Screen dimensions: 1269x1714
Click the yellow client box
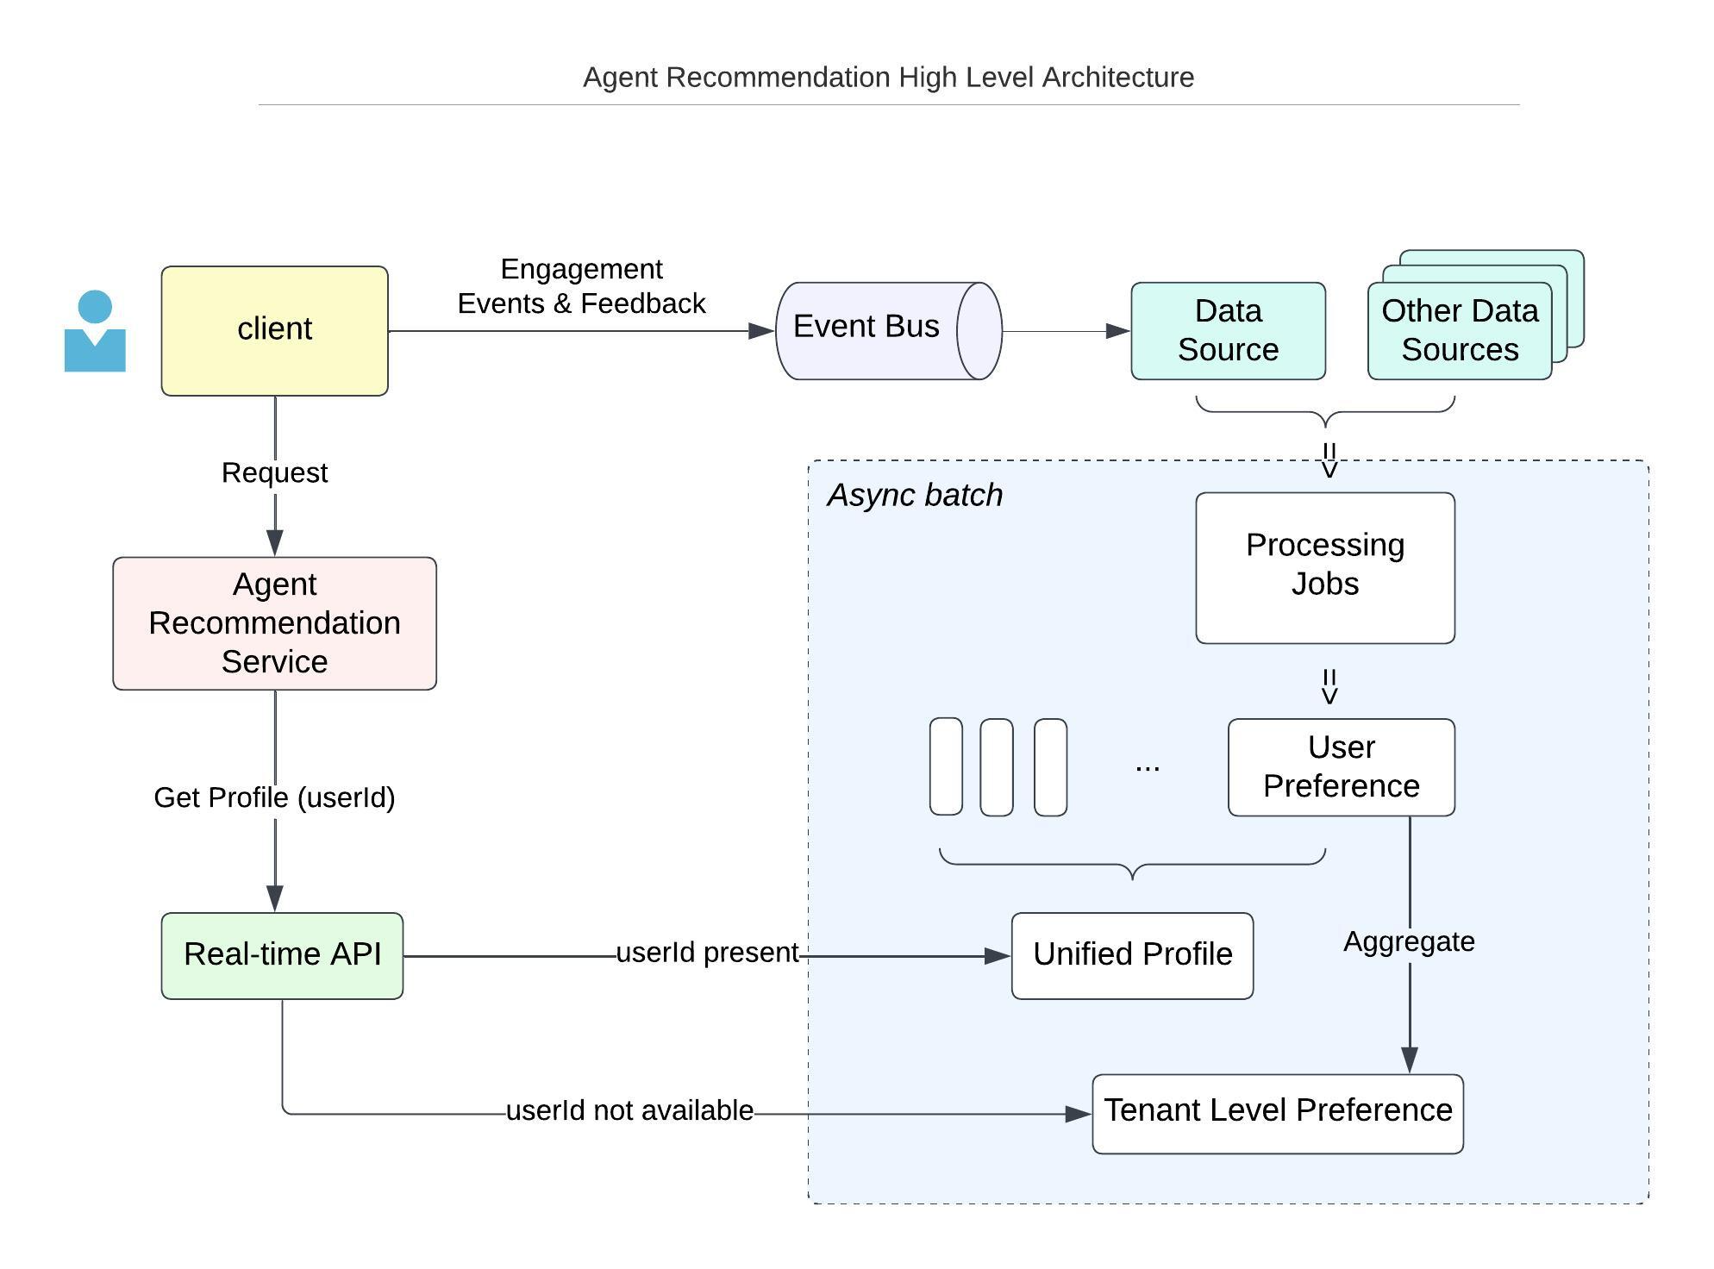point(274,330)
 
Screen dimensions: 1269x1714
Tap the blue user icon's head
point(95,307)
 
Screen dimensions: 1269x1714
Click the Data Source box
point(1228,330)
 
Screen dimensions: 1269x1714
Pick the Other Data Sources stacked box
point(1460,330)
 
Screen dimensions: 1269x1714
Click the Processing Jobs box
point(1324,567)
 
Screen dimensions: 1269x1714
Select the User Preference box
point(1341,766)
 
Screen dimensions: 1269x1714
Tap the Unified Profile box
point(1132,955)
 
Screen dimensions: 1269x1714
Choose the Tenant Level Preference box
point(1277,1113)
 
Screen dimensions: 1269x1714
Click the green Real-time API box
point(282,955)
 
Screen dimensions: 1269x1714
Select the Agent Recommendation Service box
point(274,623)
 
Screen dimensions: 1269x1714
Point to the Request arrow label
point(274,472)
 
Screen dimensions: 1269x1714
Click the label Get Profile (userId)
point(274,797)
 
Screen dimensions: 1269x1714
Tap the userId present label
point(707,953)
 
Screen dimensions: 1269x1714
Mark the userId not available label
point(629,1110)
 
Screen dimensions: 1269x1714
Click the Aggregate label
point(1409,941)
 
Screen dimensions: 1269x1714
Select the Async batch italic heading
point(915,496)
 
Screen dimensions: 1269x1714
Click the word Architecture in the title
point(1117,78)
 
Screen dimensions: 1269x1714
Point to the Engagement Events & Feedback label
point(581,286)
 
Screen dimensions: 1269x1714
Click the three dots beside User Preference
point(1148,766)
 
